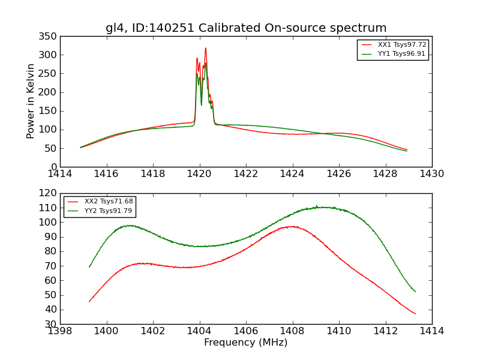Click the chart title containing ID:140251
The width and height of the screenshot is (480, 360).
[246, 28]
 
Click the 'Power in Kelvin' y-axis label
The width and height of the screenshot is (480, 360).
[31, 101]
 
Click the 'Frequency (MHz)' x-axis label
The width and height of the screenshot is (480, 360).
[246, 343]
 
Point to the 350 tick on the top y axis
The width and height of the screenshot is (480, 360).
[49, 36]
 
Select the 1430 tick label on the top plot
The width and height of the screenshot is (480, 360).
[431, 173]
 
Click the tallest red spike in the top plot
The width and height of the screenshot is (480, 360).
[205, 49]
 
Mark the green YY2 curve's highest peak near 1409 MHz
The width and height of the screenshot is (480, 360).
[317, 206]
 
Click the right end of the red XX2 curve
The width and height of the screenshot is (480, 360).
[415, 313]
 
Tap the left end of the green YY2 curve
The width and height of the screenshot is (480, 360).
[89, 267]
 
